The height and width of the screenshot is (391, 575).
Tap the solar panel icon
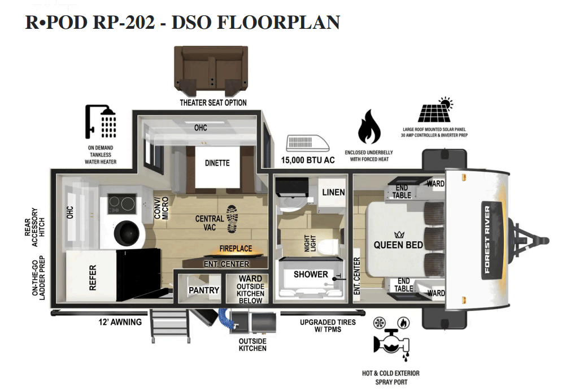(435, 111)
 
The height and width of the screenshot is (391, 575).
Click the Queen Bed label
(398, 245)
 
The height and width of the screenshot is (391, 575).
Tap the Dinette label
(217, 163)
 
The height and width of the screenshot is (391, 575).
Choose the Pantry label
(203, 290)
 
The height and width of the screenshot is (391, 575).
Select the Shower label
(310, 275)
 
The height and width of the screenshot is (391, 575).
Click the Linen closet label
(333, 192)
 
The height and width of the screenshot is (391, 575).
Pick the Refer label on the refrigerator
(93, 277)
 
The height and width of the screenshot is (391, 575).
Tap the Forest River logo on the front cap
(487, 240)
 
